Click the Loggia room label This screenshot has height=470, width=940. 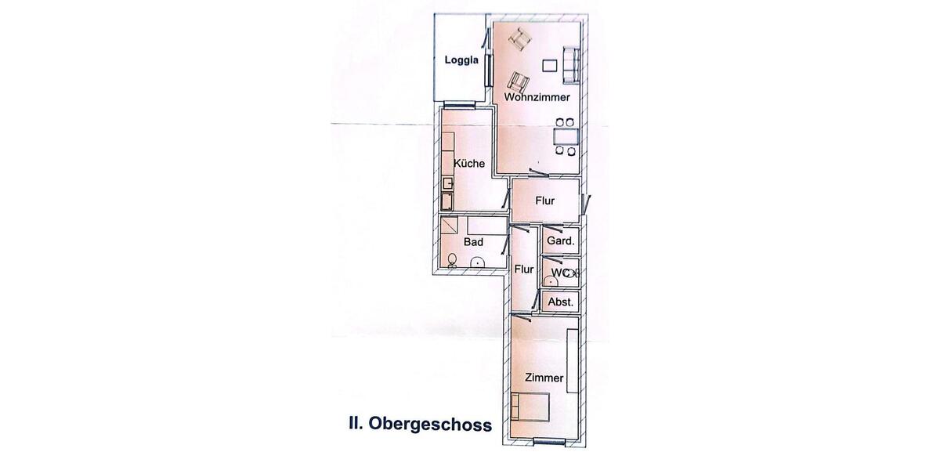click(x=461, y=61)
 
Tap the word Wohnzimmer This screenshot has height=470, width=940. click(x=537, y=98)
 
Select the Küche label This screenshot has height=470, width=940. click(x=469, y=164)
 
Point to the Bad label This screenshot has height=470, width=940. click(x=473, y=242)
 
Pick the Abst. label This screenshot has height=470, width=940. click(x=561, y=302)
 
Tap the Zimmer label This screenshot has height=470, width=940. click(x=544, y=378)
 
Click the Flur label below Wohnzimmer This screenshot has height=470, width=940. click(x=545, y=201)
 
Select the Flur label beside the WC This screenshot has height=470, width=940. click(x=524, y=269)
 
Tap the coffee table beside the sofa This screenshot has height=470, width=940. click(x=550, y=65)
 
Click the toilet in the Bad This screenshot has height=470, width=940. click(x=452, y=259)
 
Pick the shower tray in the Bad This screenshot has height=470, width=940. click(x=451, y=226)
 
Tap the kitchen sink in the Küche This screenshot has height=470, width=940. click(x=446, y=183)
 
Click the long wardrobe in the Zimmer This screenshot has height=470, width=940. click(x=573, y=360)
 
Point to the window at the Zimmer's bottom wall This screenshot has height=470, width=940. click(x=548, y=443)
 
